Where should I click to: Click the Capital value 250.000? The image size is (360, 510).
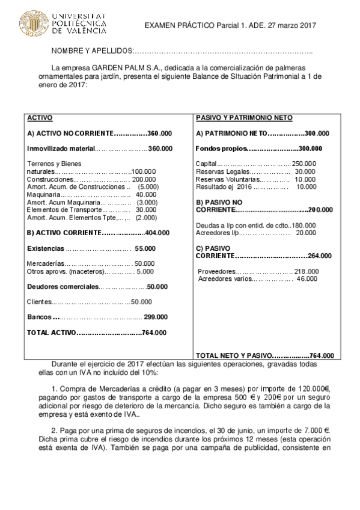304,164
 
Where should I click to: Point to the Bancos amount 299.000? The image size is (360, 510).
156,317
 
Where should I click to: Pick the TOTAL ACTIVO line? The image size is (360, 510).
97,333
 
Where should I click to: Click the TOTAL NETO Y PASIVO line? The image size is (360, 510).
264,355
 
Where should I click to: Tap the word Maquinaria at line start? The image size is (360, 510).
43,194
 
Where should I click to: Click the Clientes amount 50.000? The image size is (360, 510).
141,301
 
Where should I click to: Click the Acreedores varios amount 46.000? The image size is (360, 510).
307,279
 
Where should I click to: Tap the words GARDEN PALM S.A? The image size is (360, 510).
131,69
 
